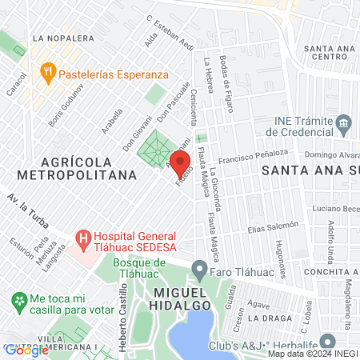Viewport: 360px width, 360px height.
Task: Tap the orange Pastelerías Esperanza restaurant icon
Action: (x=48, y=71)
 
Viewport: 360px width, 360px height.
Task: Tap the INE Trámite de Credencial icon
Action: (x=344, y=122)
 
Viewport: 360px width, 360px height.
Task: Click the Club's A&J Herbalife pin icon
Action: (x=325, y=340)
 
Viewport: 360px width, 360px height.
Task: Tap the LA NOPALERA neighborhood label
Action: (x=58, y=38)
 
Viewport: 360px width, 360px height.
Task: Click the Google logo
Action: (x=26, y=349)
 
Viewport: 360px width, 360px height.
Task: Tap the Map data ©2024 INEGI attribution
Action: (x=312, y=354)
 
